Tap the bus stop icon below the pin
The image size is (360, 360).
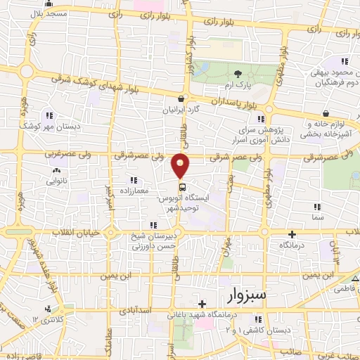pos(181,187)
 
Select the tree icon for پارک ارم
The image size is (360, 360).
pos(238,74)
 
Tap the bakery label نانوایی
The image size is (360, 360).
pos(56,181)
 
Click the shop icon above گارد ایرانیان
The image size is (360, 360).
pos(181,99)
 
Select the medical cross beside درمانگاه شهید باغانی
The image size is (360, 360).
pos(202,304)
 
